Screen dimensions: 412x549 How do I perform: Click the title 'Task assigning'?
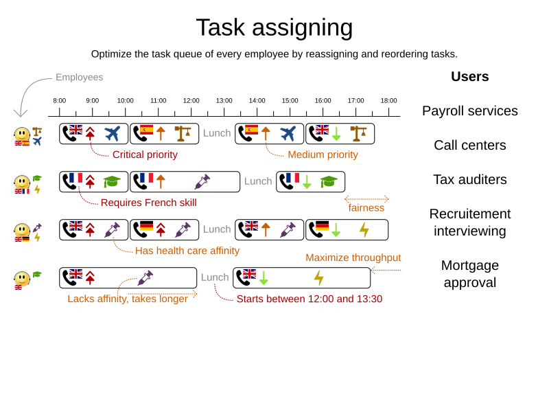[274, 27]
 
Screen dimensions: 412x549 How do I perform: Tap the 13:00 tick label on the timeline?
[224, 101]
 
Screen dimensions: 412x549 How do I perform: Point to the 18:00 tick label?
[389, 101]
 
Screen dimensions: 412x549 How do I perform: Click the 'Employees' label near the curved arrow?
[80, 78]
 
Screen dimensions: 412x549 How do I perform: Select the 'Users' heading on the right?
[469, 76]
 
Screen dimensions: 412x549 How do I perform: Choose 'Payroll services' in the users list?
[469, 111]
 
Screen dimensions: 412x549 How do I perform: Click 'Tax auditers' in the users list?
[469, 179]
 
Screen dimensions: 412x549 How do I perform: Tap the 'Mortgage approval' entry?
[469, 273]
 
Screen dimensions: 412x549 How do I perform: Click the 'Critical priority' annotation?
[145, 154]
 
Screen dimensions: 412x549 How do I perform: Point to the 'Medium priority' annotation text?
[323, 154]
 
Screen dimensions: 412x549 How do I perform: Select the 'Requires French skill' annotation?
[148, 203]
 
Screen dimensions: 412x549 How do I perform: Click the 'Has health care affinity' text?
[187, 251]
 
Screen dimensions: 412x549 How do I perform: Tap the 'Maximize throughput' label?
[353, 258]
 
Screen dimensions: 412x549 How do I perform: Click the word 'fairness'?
[366, 207]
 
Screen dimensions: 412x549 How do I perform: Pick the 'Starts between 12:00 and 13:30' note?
[309, 299]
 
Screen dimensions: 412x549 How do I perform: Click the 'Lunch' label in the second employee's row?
[258, 181]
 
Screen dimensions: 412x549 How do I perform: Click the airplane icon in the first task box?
[113, 133]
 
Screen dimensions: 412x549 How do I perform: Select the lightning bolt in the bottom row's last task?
[318, 277]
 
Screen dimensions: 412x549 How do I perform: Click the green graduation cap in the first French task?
[111, 181]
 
